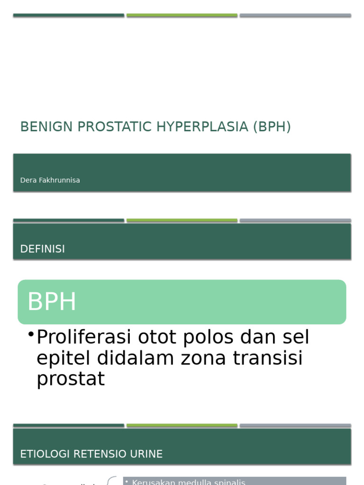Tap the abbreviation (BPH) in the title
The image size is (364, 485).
coord(272,127)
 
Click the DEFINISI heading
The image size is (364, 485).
coord(43,249)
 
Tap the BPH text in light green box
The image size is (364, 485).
coord(52,302)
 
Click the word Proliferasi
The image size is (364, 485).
coord(84,338)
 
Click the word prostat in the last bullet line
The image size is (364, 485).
coord(70,379)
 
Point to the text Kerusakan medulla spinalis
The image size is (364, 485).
coord(188,482)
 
